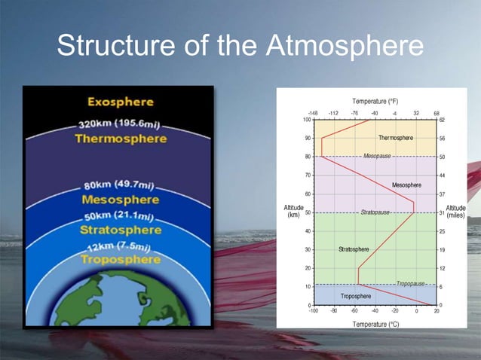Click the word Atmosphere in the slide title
click(x=345, y=47)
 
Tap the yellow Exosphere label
click(x=120, y=102)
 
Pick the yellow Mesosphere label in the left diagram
click(x=120, y=200)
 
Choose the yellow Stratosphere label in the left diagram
click(x=121, y=230)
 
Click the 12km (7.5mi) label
click(x=120, y=247)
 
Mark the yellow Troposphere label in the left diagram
click(x=121, y=260)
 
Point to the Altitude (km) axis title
click(x=293, y=212)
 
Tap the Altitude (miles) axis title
click(x=456, y=212)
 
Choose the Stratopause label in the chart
click(x=375, y=212)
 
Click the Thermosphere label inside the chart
click(x=395, y=138)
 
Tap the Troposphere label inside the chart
click(x=355, y=296)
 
